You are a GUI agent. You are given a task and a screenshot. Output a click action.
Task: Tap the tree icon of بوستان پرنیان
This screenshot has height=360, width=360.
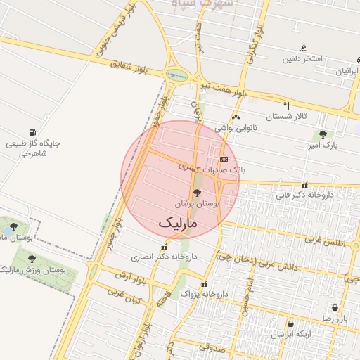pos(196,193)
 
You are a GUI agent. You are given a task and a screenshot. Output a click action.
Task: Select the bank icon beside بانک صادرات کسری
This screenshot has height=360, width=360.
pos(224,160)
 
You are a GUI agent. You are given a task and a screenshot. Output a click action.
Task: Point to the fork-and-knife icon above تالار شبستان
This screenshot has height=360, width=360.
pos(285,105)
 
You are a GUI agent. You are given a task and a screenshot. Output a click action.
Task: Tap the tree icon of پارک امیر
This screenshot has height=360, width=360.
pos(323,134)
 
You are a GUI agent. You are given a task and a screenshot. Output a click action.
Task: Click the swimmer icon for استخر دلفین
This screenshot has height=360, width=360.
pos(302,49)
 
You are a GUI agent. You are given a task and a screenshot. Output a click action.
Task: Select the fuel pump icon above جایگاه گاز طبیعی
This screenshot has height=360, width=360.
pos(32,132)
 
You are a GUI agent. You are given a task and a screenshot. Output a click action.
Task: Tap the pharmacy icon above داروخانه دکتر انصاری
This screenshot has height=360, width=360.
pos(165,247)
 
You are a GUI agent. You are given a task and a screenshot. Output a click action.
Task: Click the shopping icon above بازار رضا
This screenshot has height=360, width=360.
pos(335,308)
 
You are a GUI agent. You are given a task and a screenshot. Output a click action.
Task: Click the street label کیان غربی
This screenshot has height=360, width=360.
pos(123,295)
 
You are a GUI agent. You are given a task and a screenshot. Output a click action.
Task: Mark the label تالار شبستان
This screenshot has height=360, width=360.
pos(285,116)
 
